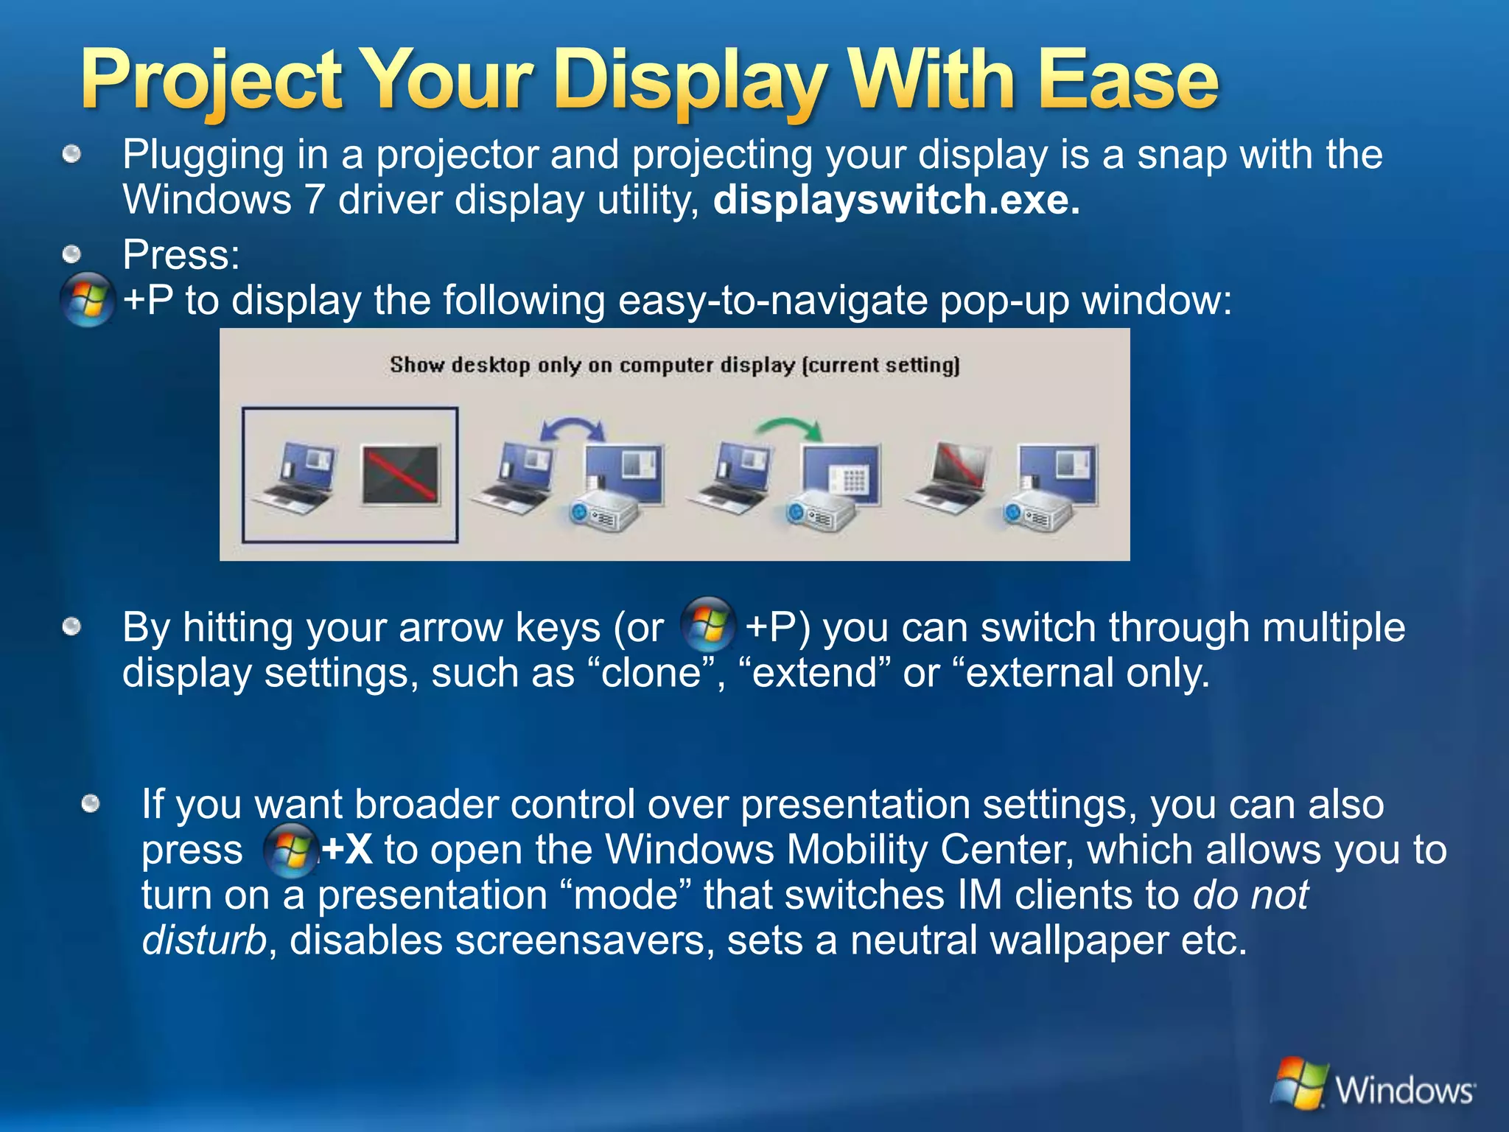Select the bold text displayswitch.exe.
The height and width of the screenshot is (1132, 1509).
(896, 200)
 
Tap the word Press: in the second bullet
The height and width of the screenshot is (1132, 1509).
(181, 254)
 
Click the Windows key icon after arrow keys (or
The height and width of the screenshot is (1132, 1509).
(708, 625)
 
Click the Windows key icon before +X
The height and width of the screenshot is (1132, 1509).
(290, 850)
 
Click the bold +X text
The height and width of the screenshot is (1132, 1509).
(346, 850)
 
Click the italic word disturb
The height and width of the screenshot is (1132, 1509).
(203, 940)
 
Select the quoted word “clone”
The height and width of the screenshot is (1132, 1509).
(651, 673)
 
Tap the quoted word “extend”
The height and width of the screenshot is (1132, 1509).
(813, 673)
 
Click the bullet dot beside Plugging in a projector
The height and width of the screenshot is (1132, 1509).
(71, 155)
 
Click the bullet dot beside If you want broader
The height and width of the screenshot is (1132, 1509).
(91, 803)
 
